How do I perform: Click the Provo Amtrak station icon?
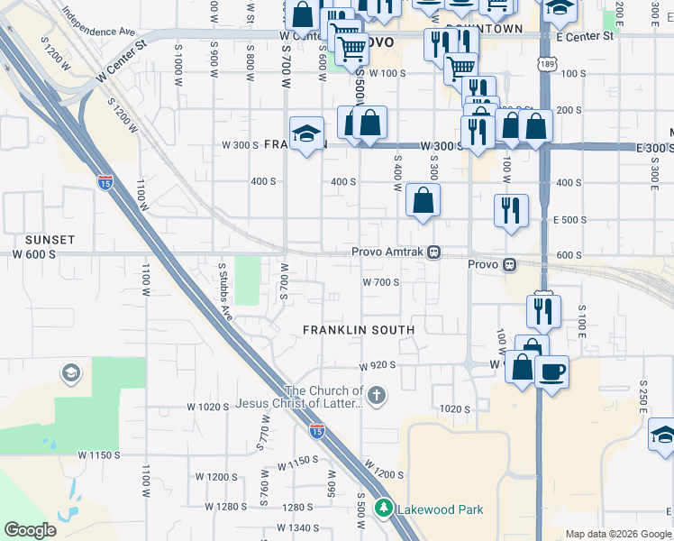(434, 252)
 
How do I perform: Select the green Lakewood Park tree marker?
(385, 509)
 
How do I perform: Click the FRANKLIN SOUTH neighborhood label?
(359, 330)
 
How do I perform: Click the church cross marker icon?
(377, 394)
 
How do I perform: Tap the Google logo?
(30, 530)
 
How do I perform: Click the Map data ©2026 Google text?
(617, 534)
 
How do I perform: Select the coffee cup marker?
(551, 371)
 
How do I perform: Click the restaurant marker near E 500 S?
(511, 210)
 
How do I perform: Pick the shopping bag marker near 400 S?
(422, 200)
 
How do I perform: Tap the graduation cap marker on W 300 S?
(306, 135)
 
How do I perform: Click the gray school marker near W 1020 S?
(70, 372)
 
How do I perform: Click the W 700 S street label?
(380, 282)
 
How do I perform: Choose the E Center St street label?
(585, 36)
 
